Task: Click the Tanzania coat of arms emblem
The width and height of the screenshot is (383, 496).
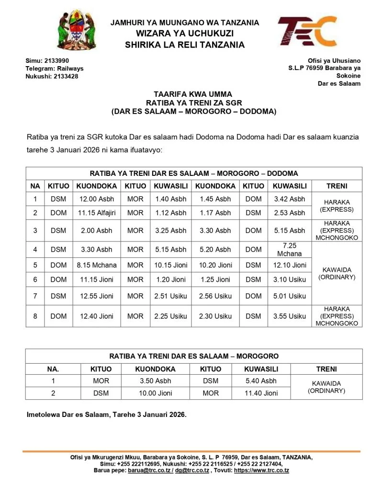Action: point(74,32)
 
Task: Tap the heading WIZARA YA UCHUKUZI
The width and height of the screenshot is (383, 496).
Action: point(184,34)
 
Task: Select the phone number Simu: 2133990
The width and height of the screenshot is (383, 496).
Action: point(47,61)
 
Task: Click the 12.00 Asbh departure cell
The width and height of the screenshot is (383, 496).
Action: point(97,199)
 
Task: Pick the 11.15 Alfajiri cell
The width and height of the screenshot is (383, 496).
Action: point(97,213)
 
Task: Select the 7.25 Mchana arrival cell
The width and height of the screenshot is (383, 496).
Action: point(290,249)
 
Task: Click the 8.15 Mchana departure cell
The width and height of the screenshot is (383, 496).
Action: point(97,265)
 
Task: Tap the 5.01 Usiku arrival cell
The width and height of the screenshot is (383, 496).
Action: point(290,296)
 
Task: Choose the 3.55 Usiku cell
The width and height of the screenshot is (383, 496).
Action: point(290,316)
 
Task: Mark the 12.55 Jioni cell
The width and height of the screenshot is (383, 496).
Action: point(97,296)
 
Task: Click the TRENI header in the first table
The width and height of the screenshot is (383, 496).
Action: point(337,186)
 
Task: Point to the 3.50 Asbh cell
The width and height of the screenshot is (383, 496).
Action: point(155,381)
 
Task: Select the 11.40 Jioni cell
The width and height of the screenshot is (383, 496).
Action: point(261,393)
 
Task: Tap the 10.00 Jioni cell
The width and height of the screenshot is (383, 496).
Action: point(155,393)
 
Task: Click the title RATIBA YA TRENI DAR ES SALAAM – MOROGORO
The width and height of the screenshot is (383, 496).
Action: point(193,357)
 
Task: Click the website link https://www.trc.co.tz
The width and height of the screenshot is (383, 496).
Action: point(261,471)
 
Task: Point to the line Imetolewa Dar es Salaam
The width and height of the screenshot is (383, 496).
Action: point(106,415)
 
